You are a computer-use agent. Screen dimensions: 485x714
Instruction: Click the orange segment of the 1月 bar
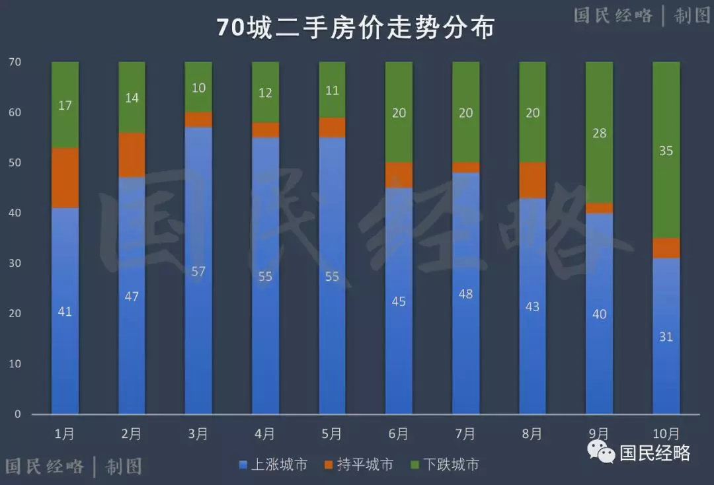point(65,177)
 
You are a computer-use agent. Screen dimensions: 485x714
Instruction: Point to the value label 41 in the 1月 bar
point(65,311)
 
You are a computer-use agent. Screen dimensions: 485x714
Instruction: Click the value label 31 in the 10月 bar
point(666,336)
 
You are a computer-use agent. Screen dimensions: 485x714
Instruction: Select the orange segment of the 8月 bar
point(532,180)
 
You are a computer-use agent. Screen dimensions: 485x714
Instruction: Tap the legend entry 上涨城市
point(273,465)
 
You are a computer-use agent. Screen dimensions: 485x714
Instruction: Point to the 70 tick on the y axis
point(15,62)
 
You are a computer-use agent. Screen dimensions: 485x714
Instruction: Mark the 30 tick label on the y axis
point(15,263)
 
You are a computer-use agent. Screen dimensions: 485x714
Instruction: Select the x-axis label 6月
point(399,434)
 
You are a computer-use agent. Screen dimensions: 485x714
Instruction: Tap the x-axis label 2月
point(132,434)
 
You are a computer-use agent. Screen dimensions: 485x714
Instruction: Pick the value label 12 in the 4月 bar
point(265,93)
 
